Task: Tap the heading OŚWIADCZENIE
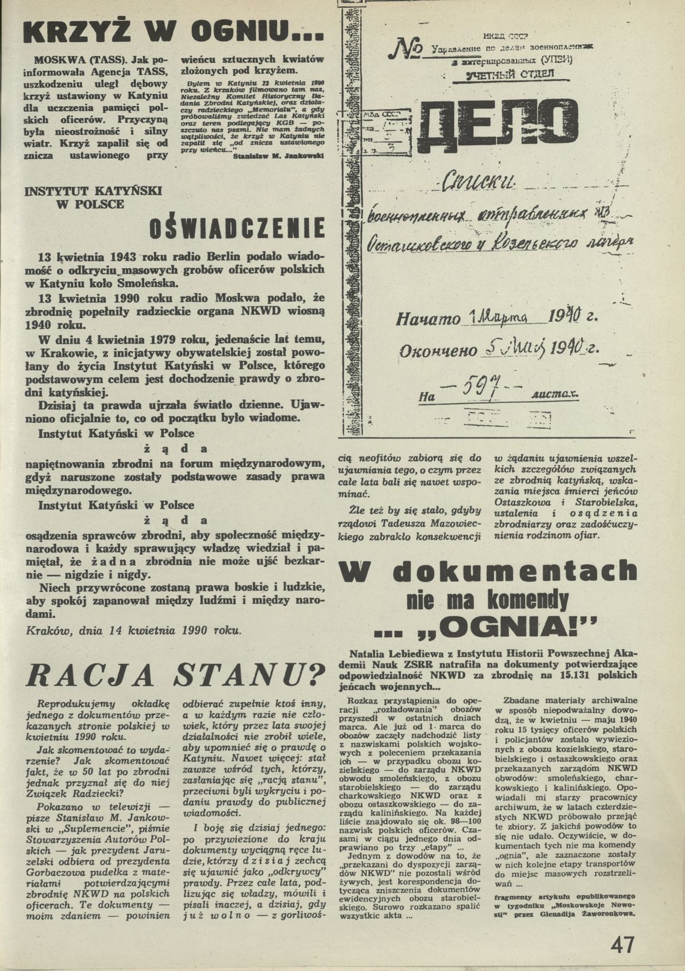(236, 230)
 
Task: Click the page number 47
(622, 944)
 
